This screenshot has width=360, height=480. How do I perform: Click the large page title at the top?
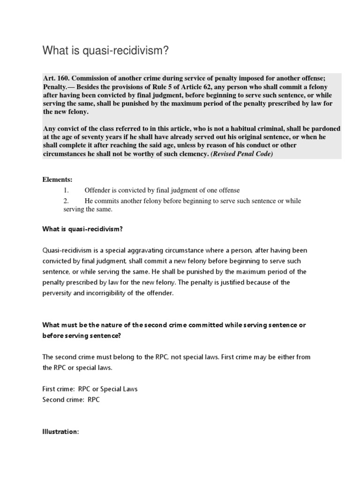click(x=105, y=50)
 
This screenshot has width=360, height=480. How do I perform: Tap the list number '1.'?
click(x=66, y=190)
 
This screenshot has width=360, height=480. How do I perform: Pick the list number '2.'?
click(x=66, y=201)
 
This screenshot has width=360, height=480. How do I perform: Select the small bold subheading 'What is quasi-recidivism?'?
click(x=82, y=229)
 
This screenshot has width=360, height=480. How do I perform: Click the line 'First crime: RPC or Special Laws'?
click(x=90, y=389)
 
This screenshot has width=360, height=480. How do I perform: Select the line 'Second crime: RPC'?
click(x=71, y=400)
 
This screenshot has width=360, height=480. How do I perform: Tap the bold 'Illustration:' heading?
click(x=61, y=432)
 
